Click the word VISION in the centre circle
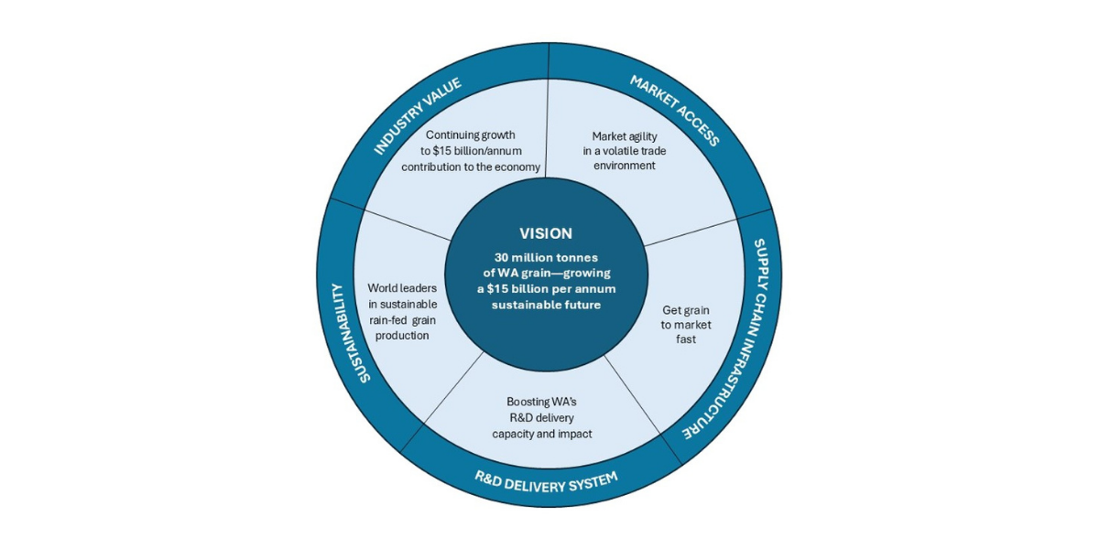pyautogui.click(x=546, y=233)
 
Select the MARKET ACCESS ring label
pyautogui.click(x=674, y=112)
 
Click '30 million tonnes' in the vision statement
pyautogui.click(x=546, y=257)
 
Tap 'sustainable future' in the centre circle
pyautogui.click(x=546, y=305)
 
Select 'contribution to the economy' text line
pyautogui.click(x=470, y=167)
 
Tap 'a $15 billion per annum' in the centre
pyautogui.click(x=546, y=289)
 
